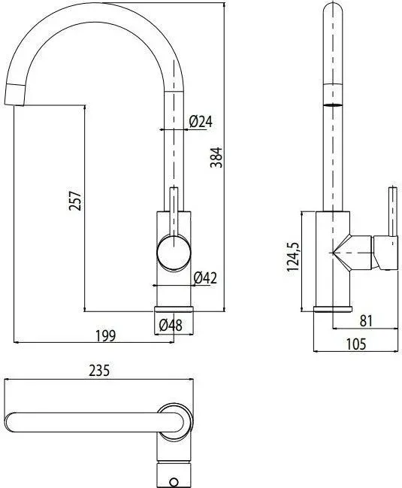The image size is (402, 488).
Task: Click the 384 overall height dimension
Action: click(x=216, y=157)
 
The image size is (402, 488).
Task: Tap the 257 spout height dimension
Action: click(x=75, y=201)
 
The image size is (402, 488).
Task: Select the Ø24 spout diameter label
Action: click(x=201, y=121)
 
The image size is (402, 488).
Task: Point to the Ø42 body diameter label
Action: click(x=204, y=278)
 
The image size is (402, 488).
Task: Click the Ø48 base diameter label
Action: click(x=171, y=326)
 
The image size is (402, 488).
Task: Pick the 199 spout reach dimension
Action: click(x=105, y=335)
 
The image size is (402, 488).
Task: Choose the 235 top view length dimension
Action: click(x=99, y=371)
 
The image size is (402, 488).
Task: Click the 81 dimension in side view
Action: click(x=366, y=321)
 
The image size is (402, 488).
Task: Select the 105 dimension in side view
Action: click(x=356, y=344)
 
